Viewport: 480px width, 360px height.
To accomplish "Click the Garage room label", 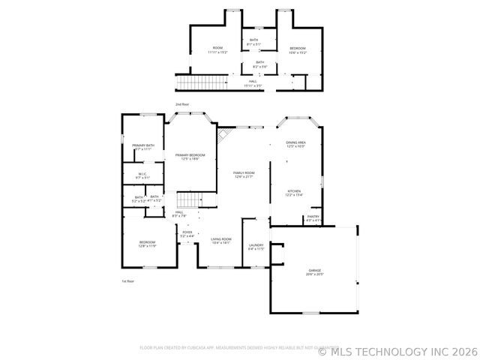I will click(x=315, y=271).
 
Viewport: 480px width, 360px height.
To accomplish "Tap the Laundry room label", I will click(x=256, y=246).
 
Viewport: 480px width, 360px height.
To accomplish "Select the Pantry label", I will click(x=313, y=218).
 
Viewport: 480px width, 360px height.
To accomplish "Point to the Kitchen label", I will click(x=295, y=193).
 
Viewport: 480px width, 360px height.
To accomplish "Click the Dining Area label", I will click(x=295, y=144).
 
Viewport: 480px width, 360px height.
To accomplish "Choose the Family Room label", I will click(x=244, y=174).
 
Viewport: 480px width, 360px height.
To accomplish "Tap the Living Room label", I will click(x=220, y=241).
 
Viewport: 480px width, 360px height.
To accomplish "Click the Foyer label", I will click(x=187, y=234).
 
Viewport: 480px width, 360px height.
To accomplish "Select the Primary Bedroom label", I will click(x=190, y=156).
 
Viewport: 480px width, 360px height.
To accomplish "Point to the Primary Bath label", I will click(x=143, y=147).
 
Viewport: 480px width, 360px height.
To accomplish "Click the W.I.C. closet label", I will click(x=142, y=175).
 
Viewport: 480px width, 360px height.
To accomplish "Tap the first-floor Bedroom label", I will click(x=147, y=243).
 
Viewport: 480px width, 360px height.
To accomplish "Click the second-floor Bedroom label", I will click(x=298, y=50).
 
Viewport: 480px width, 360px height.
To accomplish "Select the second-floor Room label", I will click(x=217, y=50).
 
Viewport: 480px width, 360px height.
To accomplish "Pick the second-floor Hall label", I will click(x=253, y=83).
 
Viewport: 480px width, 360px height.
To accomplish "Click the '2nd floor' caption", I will click(x=182, y=104).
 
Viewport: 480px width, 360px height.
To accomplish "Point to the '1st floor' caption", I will click(x=127, y=280).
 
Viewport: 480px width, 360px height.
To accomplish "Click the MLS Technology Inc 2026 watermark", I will click(x=397, y=350).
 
